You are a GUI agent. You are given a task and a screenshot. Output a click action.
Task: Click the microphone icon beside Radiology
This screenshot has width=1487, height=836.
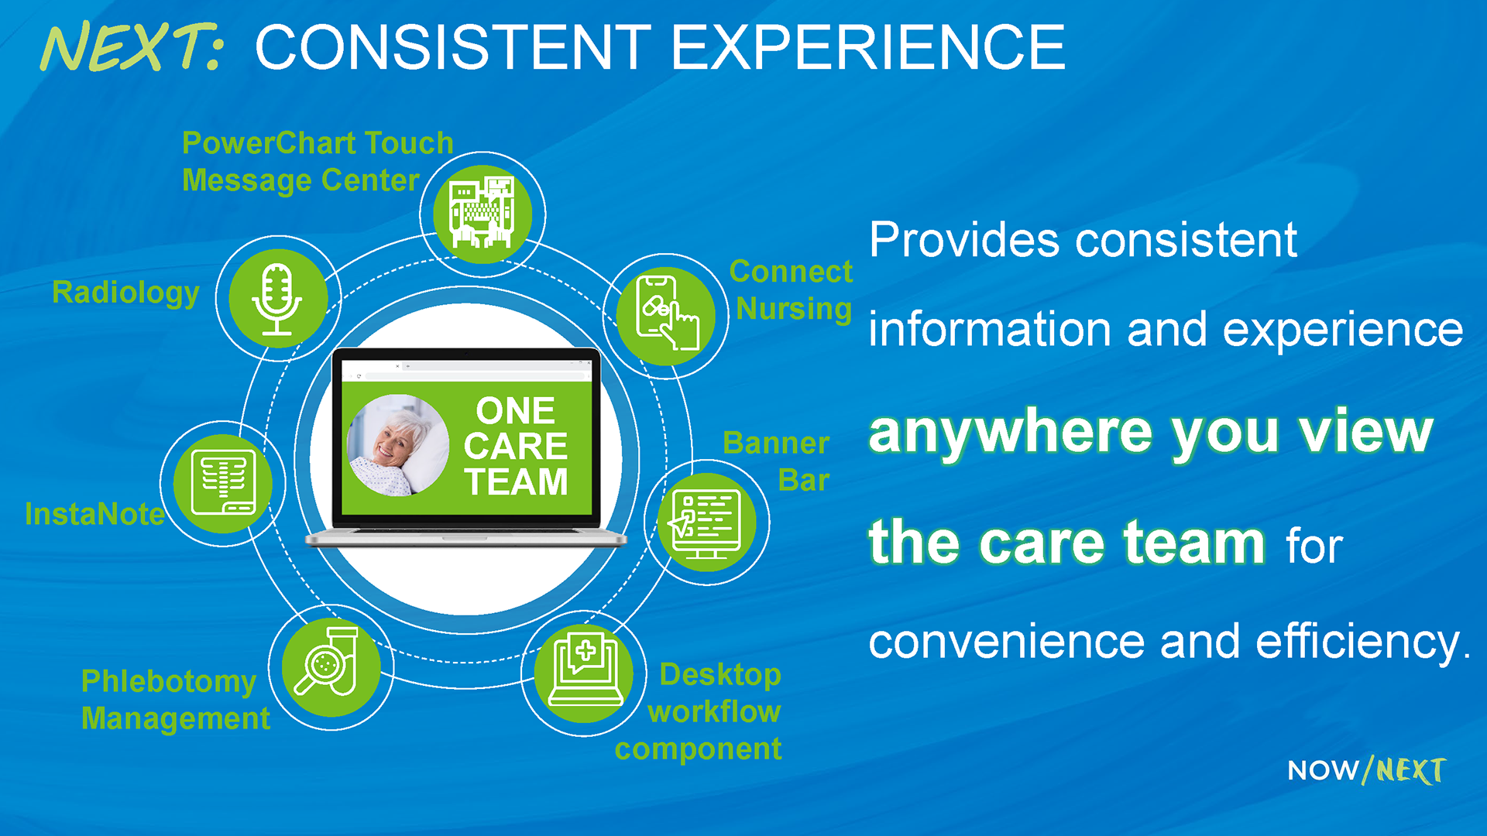point(277,299)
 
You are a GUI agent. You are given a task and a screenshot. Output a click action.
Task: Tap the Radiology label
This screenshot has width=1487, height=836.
point(125,293)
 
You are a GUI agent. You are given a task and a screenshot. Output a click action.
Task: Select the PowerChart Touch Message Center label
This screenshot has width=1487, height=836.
point(318,161)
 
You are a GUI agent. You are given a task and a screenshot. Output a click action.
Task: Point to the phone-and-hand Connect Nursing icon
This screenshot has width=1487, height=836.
point(666,315)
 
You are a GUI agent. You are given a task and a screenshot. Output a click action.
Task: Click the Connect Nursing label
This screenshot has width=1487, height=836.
point(791,290)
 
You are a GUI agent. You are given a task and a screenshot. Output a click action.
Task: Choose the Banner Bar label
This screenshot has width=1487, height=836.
point(776,461)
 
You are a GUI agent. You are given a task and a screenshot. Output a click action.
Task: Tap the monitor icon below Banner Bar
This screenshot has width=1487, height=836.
point(706,522)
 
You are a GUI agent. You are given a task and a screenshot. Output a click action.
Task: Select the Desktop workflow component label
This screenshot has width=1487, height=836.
point(699,711)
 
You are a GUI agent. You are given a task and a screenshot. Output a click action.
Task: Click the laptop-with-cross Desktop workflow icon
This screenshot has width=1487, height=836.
point(584,673)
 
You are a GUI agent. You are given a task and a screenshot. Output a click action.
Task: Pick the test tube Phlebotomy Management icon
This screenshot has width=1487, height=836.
point(331,667)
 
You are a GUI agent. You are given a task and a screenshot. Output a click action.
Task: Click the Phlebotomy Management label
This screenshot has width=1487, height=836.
point(176,700)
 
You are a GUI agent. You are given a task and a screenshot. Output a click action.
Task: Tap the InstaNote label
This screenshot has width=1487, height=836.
point(94,514)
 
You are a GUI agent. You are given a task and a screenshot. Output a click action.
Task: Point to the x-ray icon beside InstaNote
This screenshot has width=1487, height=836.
point(223,484)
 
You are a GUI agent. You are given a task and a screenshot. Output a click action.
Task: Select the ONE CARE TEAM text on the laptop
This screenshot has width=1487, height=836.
point(516,446)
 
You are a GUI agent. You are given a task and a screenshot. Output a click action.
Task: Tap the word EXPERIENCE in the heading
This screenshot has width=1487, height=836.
point(868,47)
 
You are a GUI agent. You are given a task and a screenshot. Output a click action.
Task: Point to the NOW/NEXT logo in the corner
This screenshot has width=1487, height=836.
point(1367,770)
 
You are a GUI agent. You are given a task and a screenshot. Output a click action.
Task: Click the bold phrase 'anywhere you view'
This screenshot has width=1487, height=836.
point(1151,432)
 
